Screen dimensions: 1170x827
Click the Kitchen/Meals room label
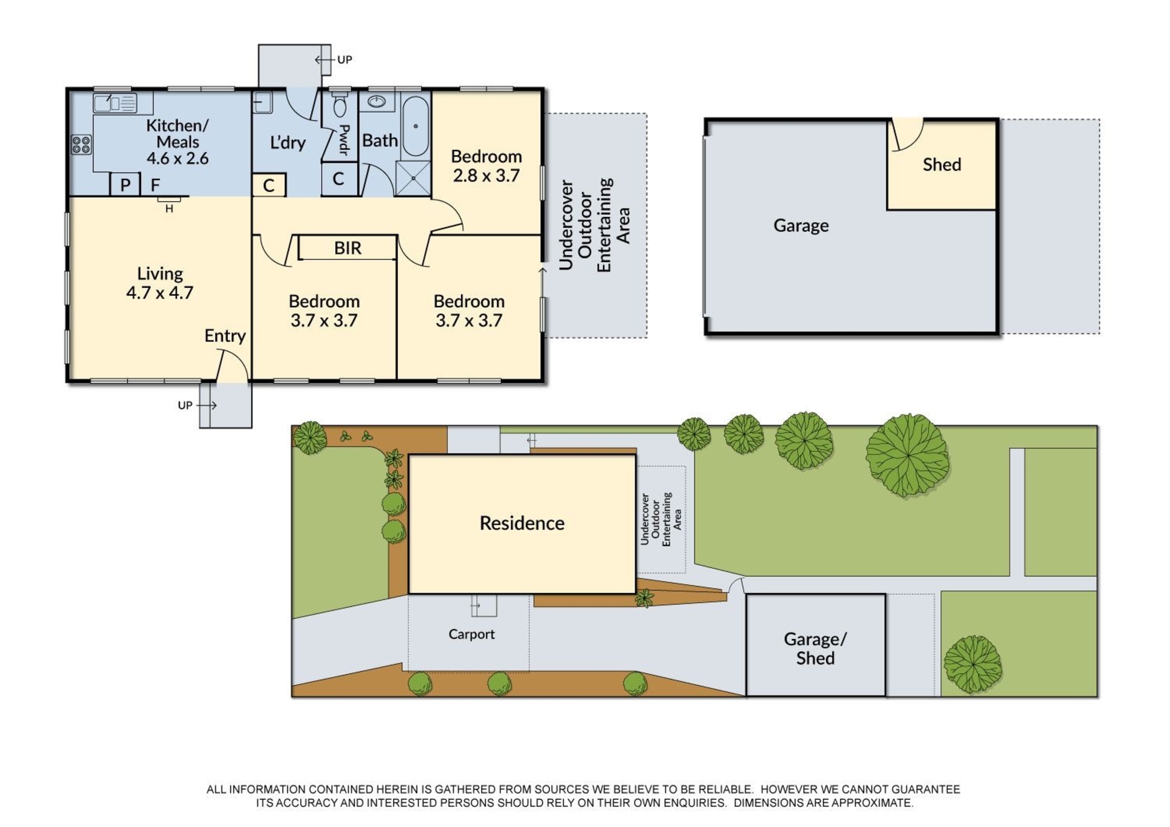click(177, 142)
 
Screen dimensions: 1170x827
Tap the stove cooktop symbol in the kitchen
click(81, 145)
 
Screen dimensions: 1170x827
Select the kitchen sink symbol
click(115, 103)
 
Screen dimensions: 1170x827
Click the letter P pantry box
click(125, 184)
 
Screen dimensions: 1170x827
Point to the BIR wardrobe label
click(347, 248)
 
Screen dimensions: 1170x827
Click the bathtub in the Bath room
click(416, 126)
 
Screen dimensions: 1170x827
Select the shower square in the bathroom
click(413, 178)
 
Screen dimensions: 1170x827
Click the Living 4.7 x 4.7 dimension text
click(160, 292)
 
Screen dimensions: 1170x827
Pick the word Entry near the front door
click(225, 336)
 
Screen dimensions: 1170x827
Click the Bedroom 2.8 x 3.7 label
click(486, 166)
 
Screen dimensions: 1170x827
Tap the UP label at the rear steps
click(345, 60)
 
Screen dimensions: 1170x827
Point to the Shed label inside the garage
click(942, 164)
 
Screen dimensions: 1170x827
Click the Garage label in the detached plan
click(801, 225)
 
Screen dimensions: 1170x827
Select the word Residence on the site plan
click(522, 523)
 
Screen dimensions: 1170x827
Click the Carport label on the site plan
click(472, 634)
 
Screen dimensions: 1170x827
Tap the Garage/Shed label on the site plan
click(815, 648)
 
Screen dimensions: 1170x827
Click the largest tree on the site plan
click(907, 455)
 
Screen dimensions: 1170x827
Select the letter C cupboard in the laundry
click(269, 186)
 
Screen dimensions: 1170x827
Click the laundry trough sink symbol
click(263, 102)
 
